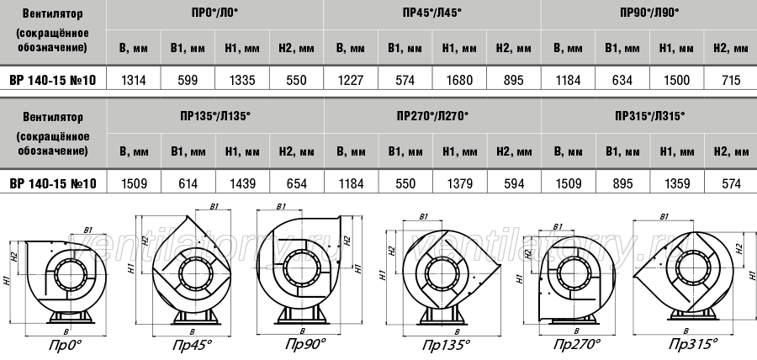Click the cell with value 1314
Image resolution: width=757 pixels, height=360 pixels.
(x=133, y=79)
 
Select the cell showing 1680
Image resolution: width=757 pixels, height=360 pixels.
(x=459, y=79)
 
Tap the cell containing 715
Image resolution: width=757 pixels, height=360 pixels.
(x=731, y=79)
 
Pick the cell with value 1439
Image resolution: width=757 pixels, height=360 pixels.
(x=242, y=183)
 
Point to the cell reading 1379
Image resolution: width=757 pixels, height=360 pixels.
(x=459, y=183)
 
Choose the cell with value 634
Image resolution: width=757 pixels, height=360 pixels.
(x=622, y=79)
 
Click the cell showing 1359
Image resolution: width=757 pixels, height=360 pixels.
(x=677, y=183)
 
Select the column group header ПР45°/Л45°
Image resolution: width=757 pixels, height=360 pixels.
(x=432, y=13)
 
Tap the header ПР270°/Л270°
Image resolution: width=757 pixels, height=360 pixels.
(x=432, y=116)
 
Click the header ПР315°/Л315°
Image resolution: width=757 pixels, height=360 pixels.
(x=649, y=116)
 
